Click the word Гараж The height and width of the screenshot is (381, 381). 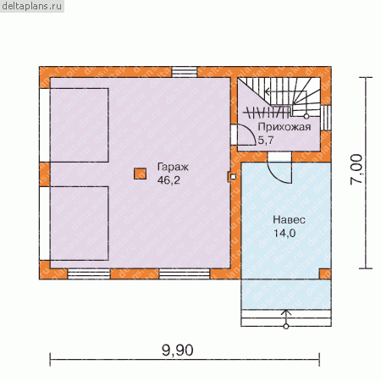pos(173,168)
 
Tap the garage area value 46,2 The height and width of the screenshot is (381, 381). pos(168,180)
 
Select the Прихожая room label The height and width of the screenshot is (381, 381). pos(284,127)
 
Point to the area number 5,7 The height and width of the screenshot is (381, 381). pos(266,140)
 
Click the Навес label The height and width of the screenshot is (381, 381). pos(289,220)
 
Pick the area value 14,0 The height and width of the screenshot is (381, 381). pos(284,233)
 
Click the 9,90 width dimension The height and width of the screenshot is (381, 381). pos(178,351)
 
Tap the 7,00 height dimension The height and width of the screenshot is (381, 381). pos(356,169)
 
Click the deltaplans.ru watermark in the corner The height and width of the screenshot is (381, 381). pos(31,6)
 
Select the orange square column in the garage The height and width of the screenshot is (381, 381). pos(140,174)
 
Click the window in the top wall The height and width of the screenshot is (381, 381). pos(185,72)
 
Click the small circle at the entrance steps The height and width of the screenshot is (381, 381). pos(286,327)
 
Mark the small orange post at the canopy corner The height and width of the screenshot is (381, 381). pos(325,273)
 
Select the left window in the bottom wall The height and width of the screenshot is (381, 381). pos(89,273)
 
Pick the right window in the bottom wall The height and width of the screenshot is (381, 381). pos(185,273)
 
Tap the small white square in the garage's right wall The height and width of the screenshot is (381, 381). pos(233,177)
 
